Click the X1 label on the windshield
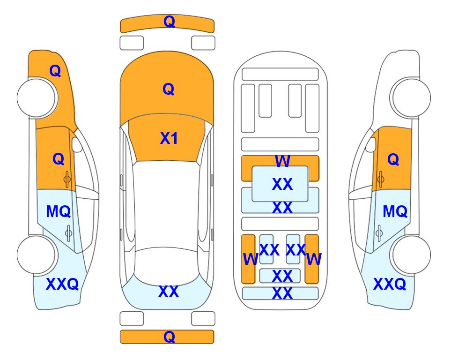coord(169,138)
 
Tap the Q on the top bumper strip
coord(169,22)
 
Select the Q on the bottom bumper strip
coord(169,337)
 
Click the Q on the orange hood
coord(169,89)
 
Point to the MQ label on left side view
coord(59,211)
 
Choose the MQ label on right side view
coord(395,211)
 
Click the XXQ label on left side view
coord(62,284)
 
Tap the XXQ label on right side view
coord(390,284)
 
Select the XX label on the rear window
coord(169,292)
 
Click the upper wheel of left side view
coord(37,97)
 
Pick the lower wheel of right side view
coord(411,255)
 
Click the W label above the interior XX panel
coord(282,161)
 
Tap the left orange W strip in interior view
coord(248,259)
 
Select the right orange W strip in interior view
coord(312,259)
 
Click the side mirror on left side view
coord(76,144)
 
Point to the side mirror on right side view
coord(371,144)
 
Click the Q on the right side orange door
coord(393,159)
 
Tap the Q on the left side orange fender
coord(55,71)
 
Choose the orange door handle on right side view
coord(380,179)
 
